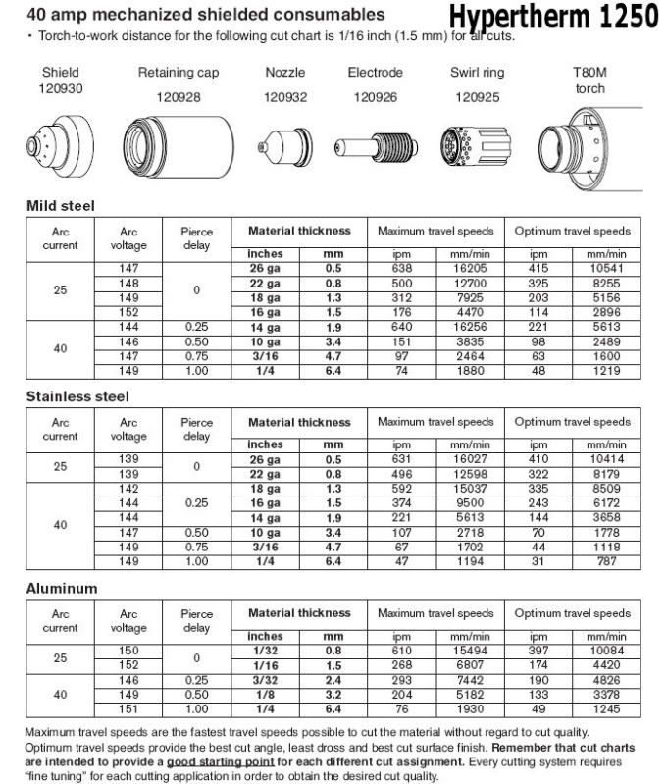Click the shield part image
pos(60,143)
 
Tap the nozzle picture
pos(285,144)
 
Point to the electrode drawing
pos(375,144)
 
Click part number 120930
pos(61,88)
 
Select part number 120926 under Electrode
pos(375,97)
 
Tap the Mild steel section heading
pos(60,206)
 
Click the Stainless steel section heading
pos(77,396)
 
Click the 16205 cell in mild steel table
pos(473,268)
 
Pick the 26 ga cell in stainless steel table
pos(266,458)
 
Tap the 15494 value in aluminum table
pos(473,650)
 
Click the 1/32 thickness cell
pos(266,650)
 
